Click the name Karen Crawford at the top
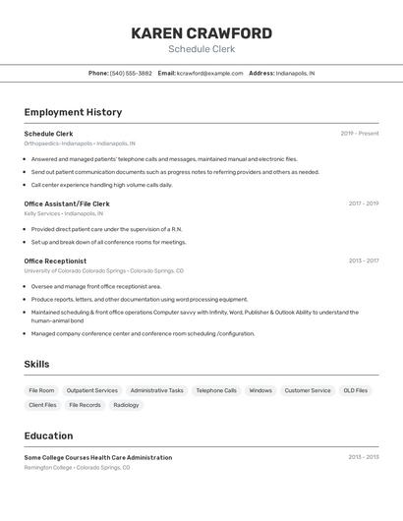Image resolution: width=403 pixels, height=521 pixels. (201, 33)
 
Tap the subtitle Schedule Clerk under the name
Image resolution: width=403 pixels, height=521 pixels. (201, 49)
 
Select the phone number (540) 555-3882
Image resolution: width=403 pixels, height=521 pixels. (131, 73)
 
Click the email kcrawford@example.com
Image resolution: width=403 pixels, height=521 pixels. (209, 73)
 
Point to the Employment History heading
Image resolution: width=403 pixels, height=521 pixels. (73, 112)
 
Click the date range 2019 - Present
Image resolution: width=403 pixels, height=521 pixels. (360, 134)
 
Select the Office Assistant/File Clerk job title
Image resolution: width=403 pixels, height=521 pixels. (67, 203)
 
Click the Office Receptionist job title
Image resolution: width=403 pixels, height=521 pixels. (55, 260)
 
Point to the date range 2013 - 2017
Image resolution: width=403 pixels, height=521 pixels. (364, 260)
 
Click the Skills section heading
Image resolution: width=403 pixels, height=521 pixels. (36, 364)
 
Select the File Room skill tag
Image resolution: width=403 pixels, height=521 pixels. (41, 390)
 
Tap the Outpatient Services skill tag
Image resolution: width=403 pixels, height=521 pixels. (92, 390)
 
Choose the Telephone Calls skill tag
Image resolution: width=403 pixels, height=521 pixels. (216, 390)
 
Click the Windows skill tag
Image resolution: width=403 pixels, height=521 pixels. (260, 390)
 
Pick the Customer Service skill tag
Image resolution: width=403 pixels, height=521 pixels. (308, 390)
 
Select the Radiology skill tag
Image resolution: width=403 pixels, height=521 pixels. (126, 405)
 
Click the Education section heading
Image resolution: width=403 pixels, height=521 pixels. (48, 435)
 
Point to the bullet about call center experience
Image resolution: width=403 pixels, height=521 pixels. (101, 185)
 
